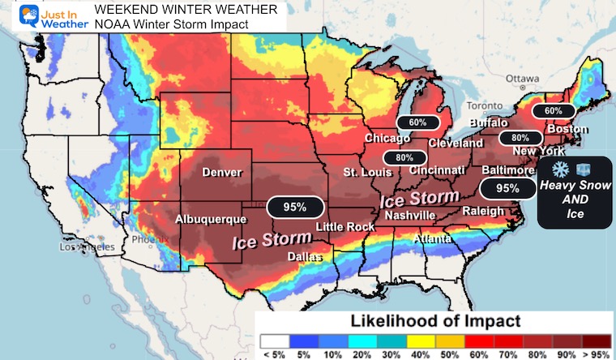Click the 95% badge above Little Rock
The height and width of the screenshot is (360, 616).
295,207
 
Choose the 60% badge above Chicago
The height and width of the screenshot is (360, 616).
418,122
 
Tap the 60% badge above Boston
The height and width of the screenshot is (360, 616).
553,110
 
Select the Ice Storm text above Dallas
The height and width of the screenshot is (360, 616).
272,240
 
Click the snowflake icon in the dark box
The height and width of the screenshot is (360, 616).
559,169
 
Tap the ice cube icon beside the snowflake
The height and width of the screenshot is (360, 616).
583,169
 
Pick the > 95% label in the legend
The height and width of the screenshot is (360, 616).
597,354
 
